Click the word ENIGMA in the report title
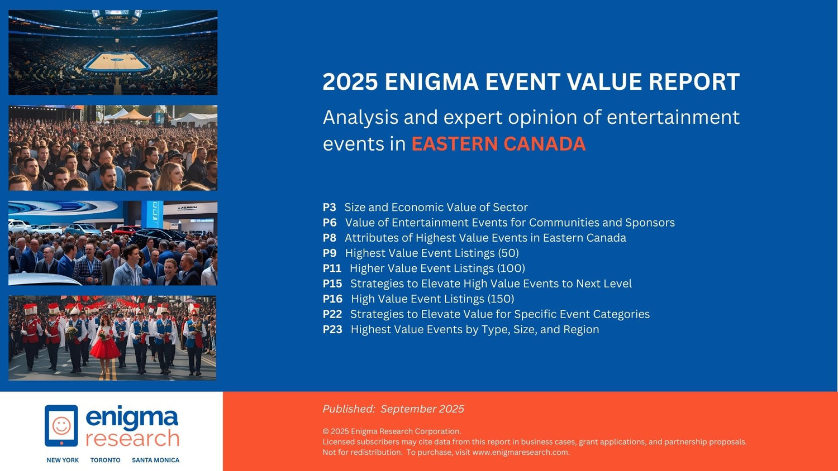click(x=432, y=81)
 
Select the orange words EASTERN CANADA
click(x=499, y=144)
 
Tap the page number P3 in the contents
click(x=329, y=207)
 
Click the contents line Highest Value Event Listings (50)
click(x=432, y=253)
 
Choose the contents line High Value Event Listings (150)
click(x=432, y=299)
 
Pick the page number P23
click(x=332, y=329)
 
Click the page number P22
click(x=332, y=314)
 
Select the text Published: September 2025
click(x=393, y=409)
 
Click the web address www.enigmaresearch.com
click(x=520, y=453)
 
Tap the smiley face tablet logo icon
click(x=61, y=426)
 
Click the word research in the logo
click(x=132, y=438)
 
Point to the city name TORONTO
click(x=105, y=460)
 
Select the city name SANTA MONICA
click(x=156, y=460)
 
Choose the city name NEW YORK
click(x=63, y=460)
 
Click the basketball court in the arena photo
click(x=117, y=62)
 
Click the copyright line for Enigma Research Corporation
click(x=392, y=431)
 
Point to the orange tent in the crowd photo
click(x=133, y=114)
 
